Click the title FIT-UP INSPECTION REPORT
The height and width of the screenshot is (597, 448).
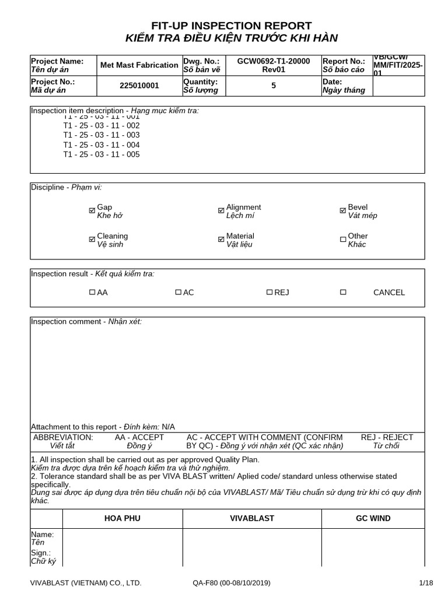click(x=232, y=26)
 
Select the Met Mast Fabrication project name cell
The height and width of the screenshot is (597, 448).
click(x=139, y=65)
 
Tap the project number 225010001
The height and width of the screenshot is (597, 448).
click(x=139, y=86)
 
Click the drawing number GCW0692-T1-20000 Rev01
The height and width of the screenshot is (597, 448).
click(x=274, y=65)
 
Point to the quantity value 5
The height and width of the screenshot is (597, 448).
click(x=274, y=86)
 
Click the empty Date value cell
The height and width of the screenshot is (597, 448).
click(x=398, y=86)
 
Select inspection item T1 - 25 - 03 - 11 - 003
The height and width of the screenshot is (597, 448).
click(x=101, y=135)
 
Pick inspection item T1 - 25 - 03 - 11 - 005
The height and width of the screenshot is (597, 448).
click(x=101, y=154)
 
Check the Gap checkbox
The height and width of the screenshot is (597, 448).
click(x=92, y=211)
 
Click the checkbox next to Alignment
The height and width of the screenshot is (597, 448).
click(x=221, y=211)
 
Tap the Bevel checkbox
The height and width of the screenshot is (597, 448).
click(x=343, y=211)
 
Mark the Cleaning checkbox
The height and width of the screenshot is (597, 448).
click(x=92, y=240)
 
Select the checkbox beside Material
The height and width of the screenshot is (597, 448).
click(x=221, y=240)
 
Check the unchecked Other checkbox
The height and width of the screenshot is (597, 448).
click(x=343, y=240)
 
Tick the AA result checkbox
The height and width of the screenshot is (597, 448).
click(x=92, y=292)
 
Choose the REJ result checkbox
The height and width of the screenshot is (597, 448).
click(x=269, y=292)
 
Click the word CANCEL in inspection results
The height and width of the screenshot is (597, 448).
click(x=388, y=293)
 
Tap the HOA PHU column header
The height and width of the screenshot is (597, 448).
click(x=122, y=518)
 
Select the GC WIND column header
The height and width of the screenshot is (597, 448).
click(x=373, y=518)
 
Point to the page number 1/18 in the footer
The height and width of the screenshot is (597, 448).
click(x=426, y=583)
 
